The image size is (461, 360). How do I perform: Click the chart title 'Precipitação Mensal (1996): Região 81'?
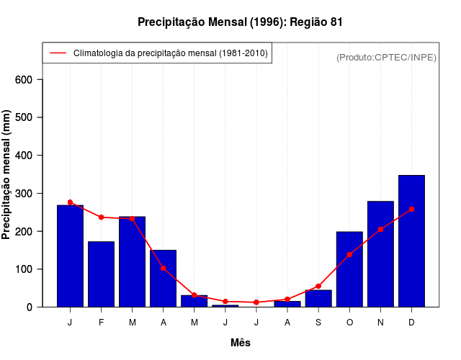pos(240,22)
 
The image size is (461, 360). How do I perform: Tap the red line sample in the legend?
pos(58,53)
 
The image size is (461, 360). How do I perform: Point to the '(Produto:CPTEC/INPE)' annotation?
pos(386,57)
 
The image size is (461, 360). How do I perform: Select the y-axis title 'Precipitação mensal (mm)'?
pos(7,175)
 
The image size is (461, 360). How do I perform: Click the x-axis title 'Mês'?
pos(241,343)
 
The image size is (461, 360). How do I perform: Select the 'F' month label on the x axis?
pos(102,323)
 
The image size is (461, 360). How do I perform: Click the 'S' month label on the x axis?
pos(318,323)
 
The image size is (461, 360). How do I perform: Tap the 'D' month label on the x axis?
pos(411,323)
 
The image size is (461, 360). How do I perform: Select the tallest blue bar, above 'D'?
pos(411,241)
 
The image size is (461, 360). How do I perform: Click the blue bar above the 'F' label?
pos(102,274)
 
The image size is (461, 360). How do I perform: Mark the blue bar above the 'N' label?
pos(380,254)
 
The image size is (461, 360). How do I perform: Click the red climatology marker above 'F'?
pos(102,217)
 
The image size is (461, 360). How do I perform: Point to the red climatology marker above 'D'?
pos(411,210)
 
